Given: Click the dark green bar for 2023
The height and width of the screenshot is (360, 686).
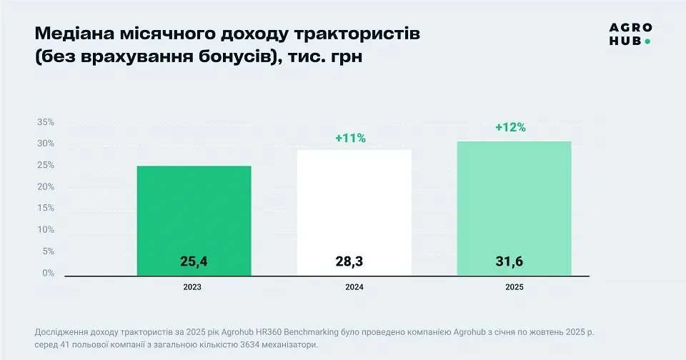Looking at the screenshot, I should pyautogui.click(x=194, y=214).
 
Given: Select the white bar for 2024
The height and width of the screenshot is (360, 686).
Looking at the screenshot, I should pyautogui.click(x=354, y=207).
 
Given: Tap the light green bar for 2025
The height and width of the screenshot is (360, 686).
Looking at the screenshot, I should pyautogui.click(x=514, y=200).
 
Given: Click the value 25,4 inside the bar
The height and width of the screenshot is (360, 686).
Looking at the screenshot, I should pyautogui.click(x=194, y=262).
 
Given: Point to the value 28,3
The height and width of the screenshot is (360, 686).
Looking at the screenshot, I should pyautogui.click(x=349, y=262).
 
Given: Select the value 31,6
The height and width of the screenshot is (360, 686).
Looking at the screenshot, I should pyautogui.click(x=509, y=262).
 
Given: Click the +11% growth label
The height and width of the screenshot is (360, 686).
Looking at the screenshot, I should pyautogui.click(x=350, y=139).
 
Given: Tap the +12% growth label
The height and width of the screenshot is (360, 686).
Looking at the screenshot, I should pyautogui.click(x=510, y=128).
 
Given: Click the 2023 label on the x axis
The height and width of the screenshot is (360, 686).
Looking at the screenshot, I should pyautogui.click(x=192, y=287).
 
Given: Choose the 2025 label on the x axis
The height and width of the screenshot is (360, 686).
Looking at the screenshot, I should pyautogui.click(x=513, y=287).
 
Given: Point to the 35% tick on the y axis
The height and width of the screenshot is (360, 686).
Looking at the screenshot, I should pyautogui.click(x=45, y=122).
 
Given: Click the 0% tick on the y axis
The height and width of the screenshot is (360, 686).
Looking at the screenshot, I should pyautogui.click(x=48, y=273).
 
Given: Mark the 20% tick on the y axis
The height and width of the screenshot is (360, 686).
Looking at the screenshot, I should pyautogui.click(x=45, y=186).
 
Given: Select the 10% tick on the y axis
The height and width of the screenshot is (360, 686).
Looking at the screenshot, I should pyautogui.click(x=45, y=229).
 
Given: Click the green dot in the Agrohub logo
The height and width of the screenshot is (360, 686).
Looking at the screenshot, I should pyautogui.click(x=647, y=41).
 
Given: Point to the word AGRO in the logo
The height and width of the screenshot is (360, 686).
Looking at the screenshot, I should pyautogui.click(x=630, y=28).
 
